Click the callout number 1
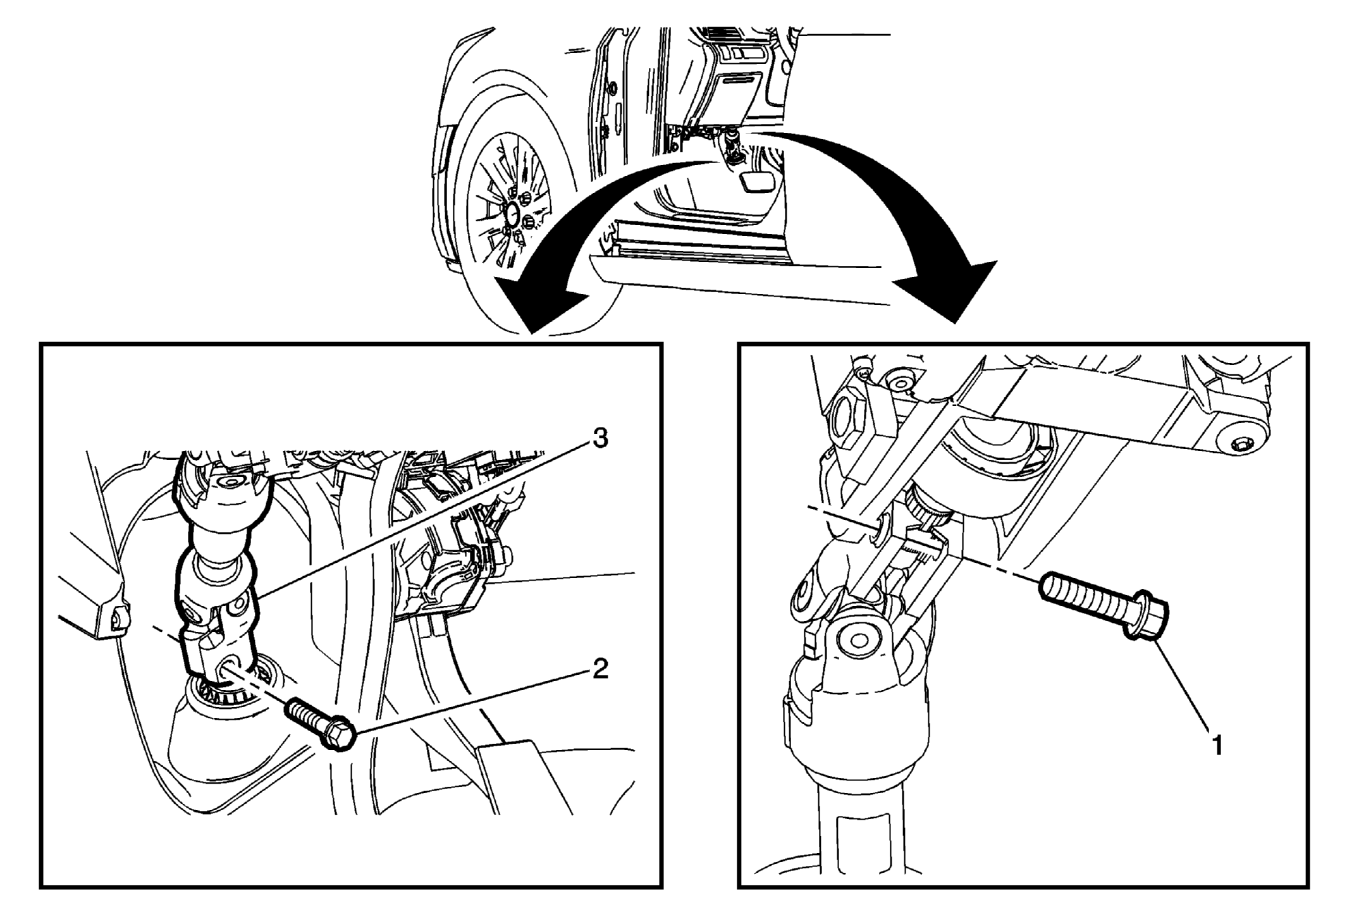[1216, 744]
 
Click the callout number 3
[600, 438]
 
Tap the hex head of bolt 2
[338, 736]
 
